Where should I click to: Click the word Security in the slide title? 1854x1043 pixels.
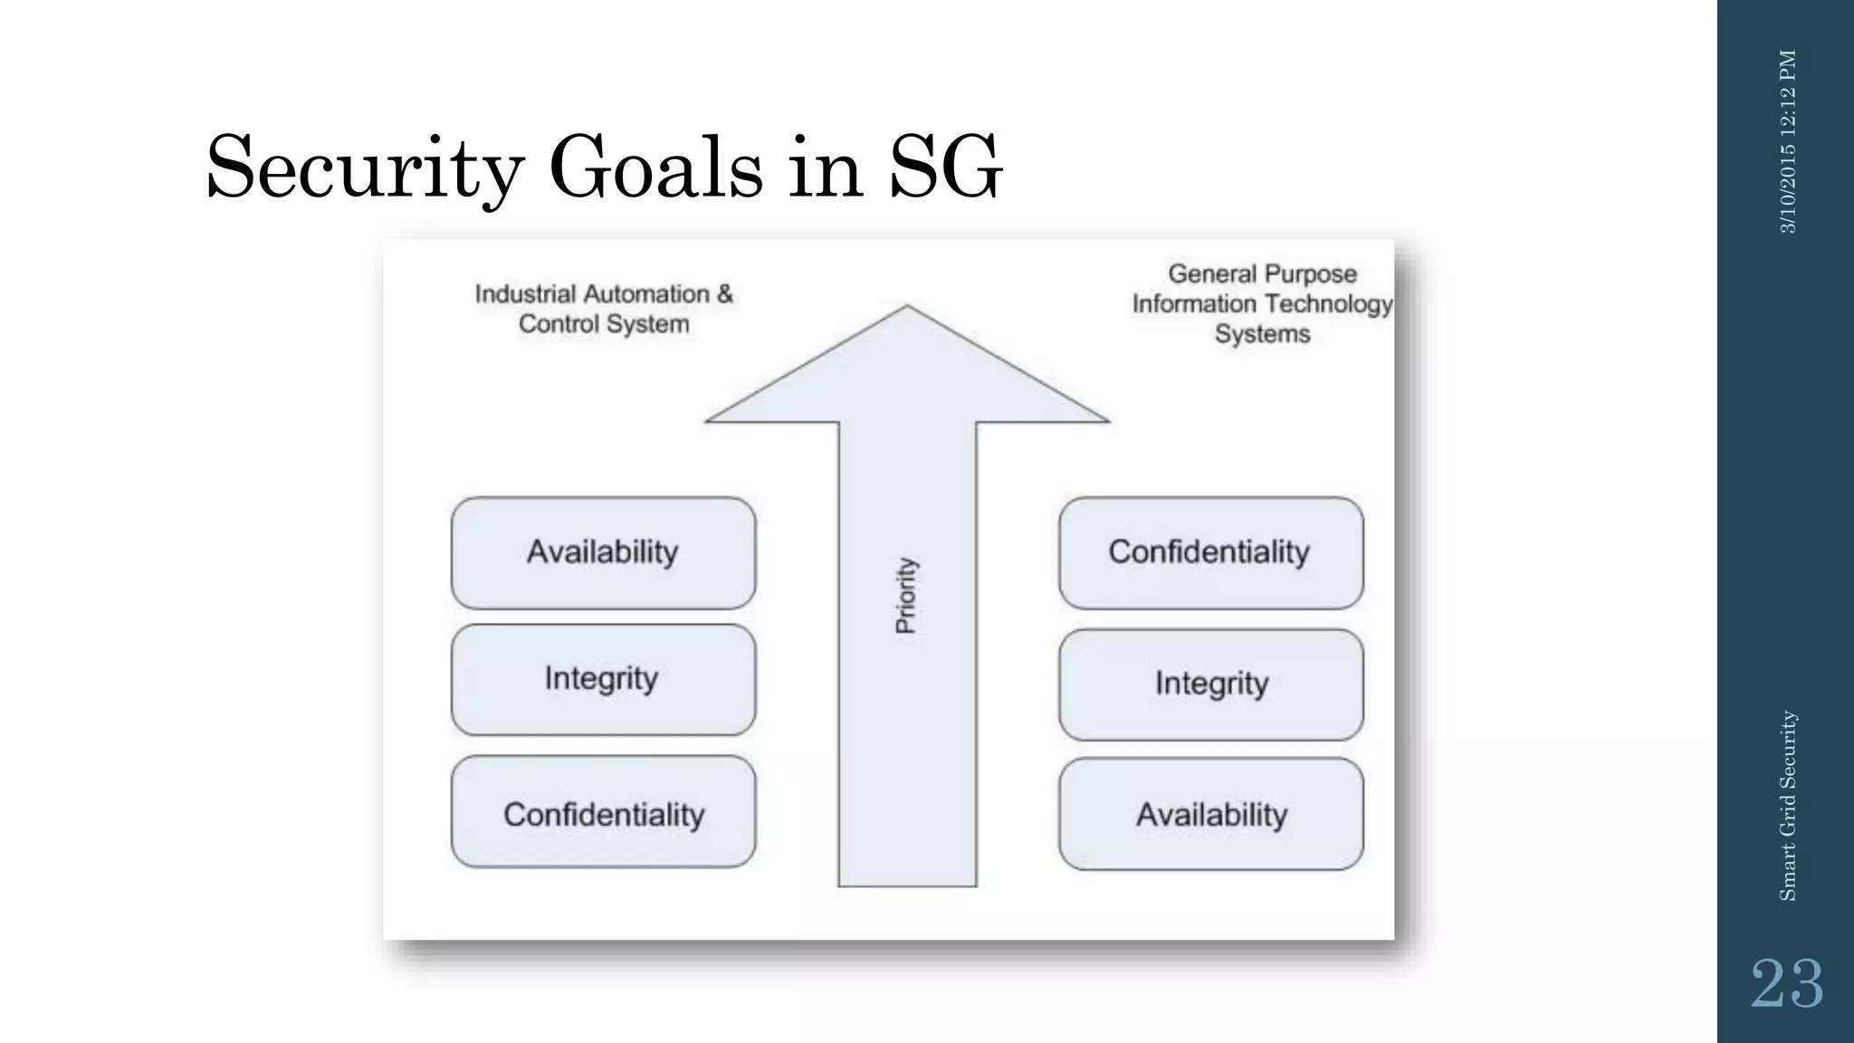(x=365, y=168)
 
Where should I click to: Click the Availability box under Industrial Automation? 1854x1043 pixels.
(x=603, y=552)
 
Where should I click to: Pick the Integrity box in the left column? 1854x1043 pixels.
(x=603, y=679)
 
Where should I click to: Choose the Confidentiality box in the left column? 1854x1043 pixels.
(x=603, y=813)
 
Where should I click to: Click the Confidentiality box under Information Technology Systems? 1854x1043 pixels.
(x=1210, y=552)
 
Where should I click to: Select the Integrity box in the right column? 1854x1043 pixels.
(x=1210, y=684)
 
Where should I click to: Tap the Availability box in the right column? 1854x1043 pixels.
(x=1210, y=814)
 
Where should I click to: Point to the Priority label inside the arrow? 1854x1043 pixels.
(x=906, y=595)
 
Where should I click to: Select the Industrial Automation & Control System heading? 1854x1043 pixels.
(x=604, y=309)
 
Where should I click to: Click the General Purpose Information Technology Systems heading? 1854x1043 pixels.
(x=1262, y=303)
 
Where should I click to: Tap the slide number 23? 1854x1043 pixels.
(x=1786, y=984)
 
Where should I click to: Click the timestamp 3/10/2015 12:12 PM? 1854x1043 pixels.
(x=1788, y=141)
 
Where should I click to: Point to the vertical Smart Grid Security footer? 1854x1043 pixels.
(x=1788, y=805)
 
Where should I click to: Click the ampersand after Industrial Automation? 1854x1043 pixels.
(x=725, y=294)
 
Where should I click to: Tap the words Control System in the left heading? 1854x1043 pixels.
(x=604, y=324)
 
